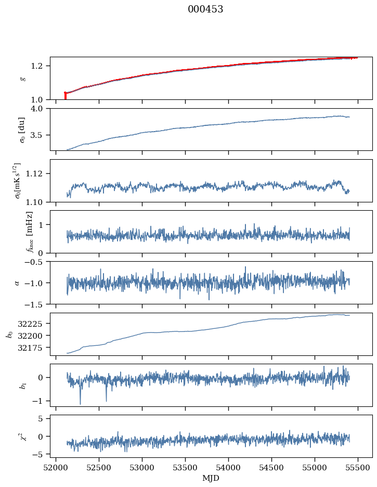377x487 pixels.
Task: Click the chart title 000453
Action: [205, 9]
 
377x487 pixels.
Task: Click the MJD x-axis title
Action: [211, 478]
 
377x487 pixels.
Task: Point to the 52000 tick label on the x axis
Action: [56, 467]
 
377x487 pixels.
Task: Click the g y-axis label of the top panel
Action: [22, 78]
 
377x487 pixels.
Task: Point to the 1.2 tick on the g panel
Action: [40, 66]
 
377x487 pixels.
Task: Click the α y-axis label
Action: [17, 283]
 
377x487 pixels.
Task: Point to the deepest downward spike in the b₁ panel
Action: [80, 403]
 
